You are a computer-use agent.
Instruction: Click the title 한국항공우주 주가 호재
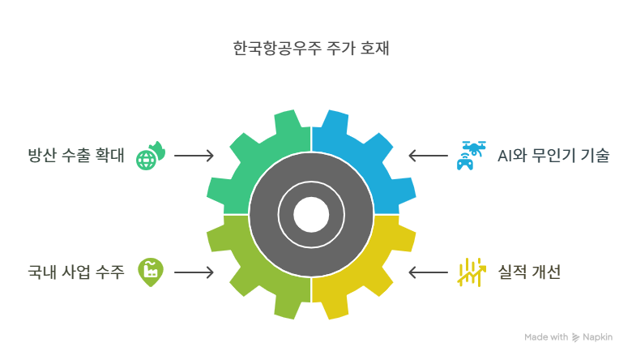[311, 49]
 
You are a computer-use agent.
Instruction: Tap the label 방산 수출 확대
[76, 156]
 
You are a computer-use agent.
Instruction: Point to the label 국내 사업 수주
[76, 272]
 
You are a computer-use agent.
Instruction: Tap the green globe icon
[150, 156]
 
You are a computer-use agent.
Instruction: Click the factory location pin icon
[149, 272]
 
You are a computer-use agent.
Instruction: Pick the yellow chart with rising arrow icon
[470, 272]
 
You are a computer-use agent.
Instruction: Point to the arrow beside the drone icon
[428, 156]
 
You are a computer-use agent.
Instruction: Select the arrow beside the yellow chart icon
[428, 272]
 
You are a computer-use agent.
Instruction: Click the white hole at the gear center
[311, 215]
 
